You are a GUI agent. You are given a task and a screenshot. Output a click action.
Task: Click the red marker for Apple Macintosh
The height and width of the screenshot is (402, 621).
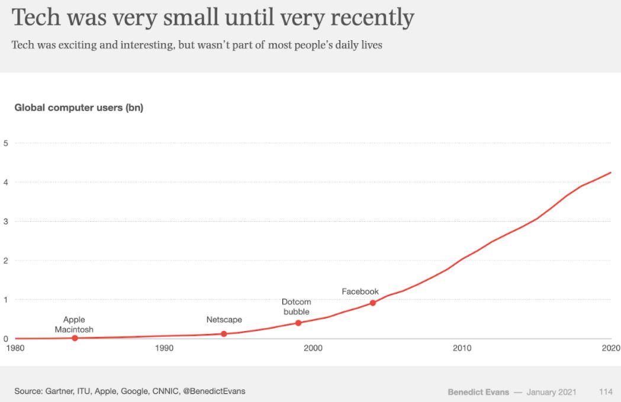coord(75,338)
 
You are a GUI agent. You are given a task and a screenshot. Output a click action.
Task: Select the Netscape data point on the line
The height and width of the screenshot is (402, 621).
coord(224,334)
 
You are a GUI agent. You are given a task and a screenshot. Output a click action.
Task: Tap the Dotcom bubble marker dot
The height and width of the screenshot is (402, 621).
coord(298,323)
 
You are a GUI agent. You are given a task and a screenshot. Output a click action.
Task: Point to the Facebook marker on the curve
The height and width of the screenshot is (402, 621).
coord(372,303)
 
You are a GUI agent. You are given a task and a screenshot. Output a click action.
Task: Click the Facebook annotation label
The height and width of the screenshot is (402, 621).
coord(360,291)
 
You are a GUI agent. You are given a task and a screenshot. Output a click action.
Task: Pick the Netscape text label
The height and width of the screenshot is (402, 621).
coord(224,320)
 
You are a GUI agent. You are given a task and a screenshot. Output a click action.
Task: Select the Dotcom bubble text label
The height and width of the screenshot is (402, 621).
coord(296,307)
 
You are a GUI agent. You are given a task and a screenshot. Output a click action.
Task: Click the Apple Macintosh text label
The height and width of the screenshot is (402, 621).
coord(74,325)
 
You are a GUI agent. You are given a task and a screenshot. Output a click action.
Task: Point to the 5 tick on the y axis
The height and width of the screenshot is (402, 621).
coord(5,143)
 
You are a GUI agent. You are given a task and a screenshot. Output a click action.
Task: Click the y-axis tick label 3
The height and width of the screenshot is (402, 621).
coord(5,221)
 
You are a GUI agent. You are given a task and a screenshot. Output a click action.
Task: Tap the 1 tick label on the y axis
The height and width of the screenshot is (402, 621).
coord(5,300)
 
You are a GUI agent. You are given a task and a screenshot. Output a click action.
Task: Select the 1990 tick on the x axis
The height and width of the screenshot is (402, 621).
coord(165,348)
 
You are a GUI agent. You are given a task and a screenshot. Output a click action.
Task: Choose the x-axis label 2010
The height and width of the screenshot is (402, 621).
coord(462,348)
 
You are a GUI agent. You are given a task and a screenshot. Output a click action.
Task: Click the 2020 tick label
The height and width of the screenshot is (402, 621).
coord(610,348)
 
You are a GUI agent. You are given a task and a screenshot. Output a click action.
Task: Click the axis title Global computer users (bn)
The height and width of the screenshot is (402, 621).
coord(79,108)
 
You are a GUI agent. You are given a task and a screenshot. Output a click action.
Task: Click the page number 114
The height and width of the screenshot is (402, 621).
coord(605,392)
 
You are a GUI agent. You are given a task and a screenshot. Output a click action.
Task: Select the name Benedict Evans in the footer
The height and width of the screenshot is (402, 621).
coord(478,392)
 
